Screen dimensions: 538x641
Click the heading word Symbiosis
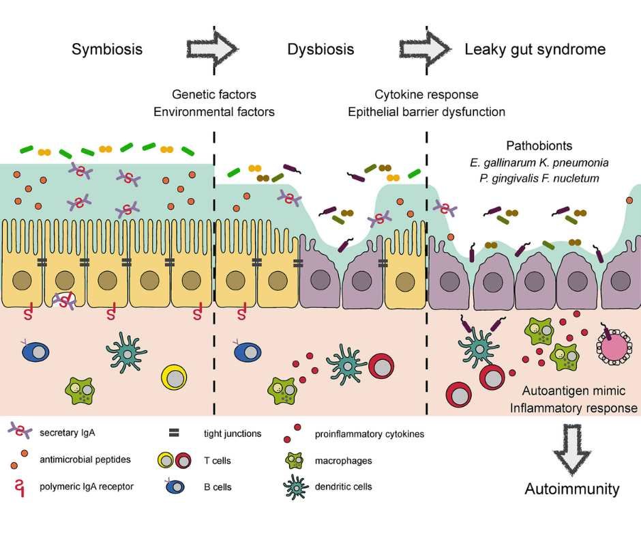[107, 49]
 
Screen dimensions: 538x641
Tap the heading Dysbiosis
[320, 49]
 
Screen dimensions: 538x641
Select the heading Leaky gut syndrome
[535, 49]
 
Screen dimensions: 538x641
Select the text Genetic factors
[214, 94]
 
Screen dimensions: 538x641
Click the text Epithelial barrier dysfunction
[426, 111]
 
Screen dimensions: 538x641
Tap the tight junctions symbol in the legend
[174, 432]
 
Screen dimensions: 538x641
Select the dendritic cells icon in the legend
[295, 487]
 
